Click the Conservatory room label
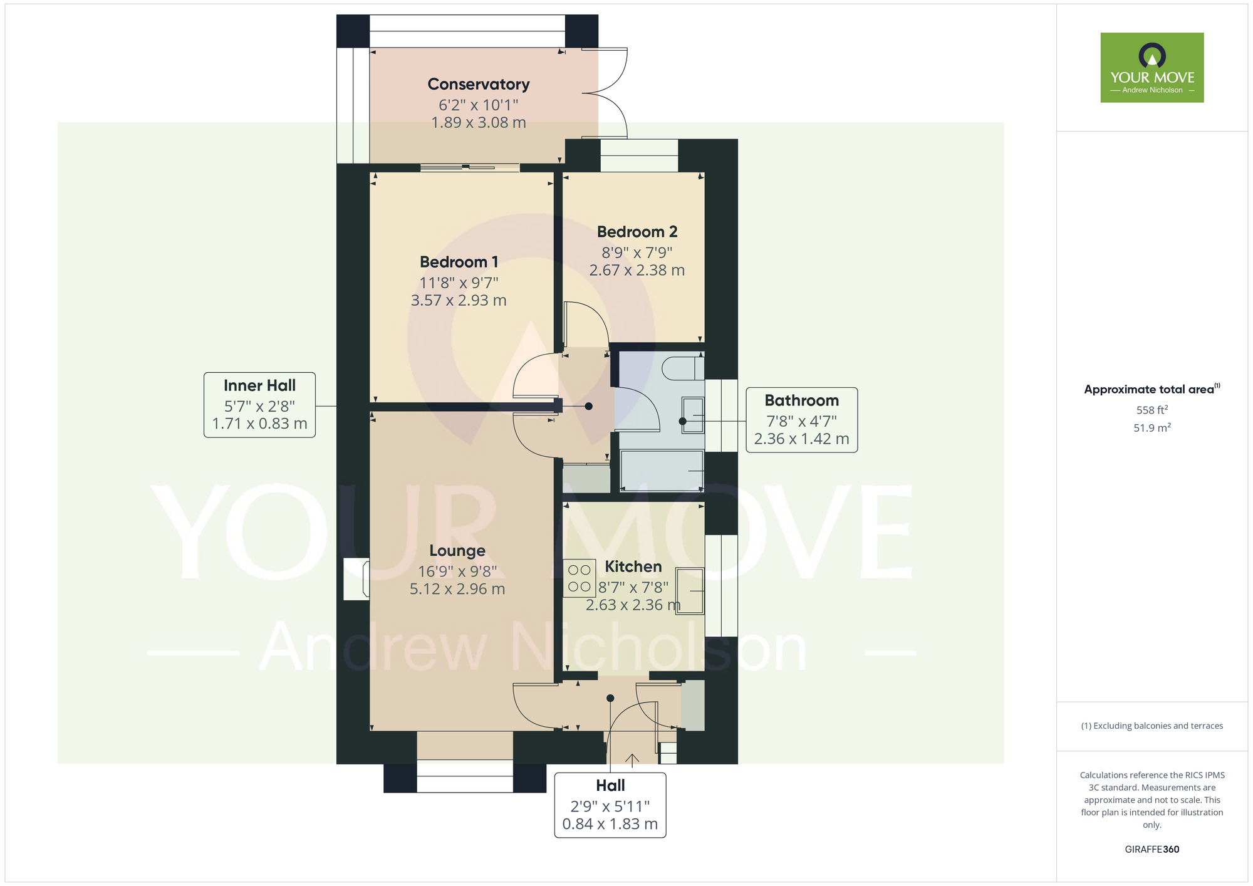(x=479, y=84)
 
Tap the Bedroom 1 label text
(x=459, y=262)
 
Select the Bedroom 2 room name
(x=637, y=232)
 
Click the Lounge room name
(x=457, y=551)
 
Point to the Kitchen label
(x=633, y=566)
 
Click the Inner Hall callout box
(x=259, y=405)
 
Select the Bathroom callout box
(x=802, y=420)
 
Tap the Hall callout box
(x=610, y=805)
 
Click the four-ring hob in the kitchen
(x=580, y=578)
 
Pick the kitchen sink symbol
(x=690, y=591)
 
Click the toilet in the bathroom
(x=683, y=368)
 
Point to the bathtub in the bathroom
(x=662, y=471)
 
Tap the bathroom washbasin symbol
(x=693, y=415)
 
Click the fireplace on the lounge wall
(x=357, y=579)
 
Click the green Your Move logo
(x=1152, y=68)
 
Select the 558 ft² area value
(x=1152, y=410)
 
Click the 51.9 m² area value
(x=1152, y=428)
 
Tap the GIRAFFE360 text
(x=1152, y=850)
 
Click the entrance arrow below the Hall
(x=633, y=759)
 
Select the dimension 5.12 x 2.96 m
(x=457, y=589)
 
